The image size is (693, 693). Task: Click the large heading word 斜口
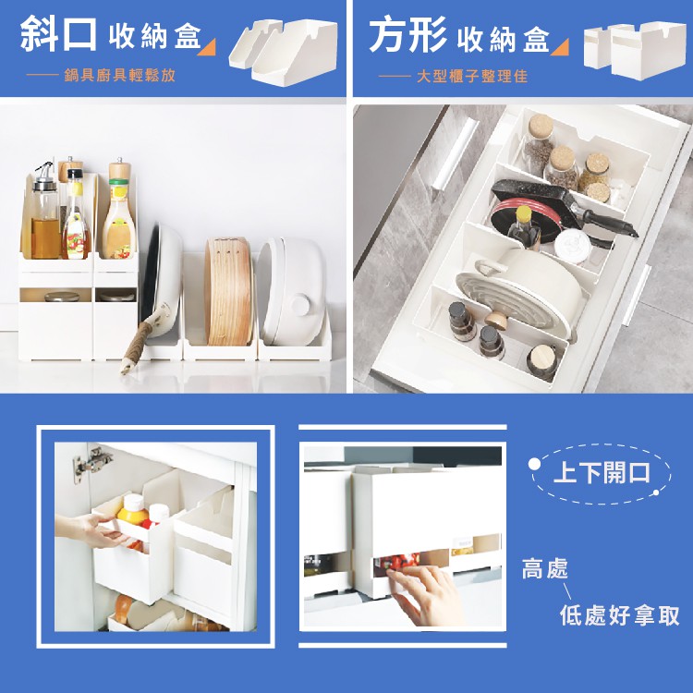58,34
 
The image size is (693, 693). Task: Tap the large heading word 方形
407,35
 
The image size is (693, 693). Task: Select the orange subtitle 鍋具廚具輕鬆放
120,75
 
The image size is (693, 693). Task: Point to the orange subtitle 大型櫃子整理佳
472,76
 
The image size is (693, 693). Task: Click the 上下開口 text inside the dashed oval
602,473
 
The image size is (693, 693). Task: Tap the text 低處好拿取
620,615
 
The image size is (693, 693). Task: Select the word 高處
544,569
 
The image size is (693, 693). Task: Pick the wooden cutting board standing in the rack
228,291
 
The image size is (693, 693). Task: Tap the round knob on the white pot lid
300,305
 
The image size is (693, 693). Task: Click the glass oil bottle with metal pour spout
45,212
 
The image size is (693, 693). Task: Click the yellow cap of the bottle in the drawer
524,214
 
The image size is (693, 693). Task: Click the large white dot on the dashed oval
534,464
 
